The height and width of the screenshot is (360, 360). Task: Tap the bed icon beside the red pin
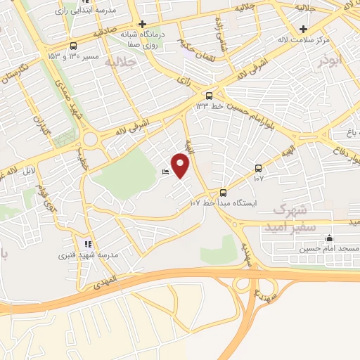[165, 173]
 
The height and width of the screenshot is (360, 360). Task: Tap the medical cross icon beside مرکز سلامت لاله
[303, 29]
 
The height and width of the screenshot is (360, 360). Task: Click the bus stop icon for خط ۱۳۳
[210, 96]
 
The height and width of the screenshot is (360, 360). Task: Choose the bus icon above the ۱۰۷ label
[258, 168]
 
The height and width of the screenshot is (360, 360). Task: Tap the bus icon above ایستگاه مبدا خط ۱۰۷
[223, 192]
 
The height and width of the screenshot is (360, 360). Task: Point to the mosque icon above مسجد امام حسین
[328, 238]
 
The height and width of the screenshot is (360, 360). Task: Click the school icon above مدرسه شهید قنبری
[88, 244]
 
